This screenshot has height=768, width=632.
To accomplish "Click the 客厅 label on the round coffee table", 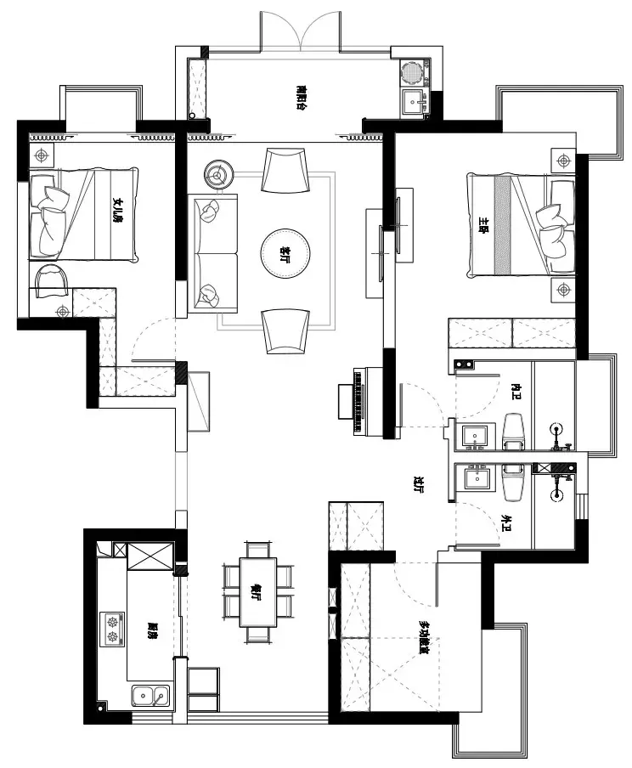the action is pyautogui.click(x=285, y=252).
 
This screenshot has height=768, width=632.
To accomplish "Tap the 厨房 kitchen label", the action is pyautogui.click(x=153, y=630).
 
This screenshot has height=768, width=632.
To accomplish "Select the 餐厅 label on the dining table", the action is pyautogui.click(x=257, y=593).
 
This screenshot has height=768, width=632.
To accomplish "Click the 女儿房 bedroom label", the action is pyautogui.click(x=119, y=208).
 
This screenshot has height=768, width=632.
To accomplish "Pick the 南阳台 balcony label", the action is pyautogui.click(x=301, y=96).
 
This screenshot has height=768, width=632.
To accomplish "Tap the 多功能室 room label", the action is pyautogui.click(x=423, y=637).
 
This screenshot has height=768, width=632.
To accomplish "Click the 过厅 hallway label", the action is pyautogui.click(x=418, y=485).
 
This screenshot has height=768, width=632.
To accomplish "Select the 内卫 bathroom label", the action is pyautogui.click(x=515, y=390).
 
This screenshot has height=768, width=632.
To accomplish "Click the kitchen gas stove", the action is pyautogui.click(x=112, y=630).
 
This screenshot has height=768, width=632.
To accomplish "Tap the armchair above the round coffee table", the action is pyautogui.click(x=284, y=168).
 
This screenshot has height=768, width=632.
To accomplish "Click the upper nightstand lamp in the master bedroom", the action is pyautogui.click(x=564, y=160).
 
